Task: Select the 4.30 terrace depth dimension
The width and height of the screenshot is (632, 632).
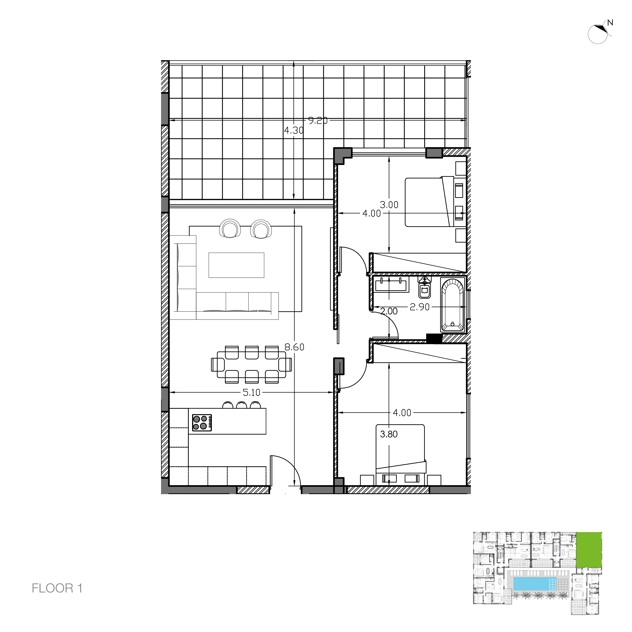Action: [294, 131]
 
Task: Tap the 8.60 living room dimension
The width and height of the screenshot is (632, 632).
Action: [294, 347]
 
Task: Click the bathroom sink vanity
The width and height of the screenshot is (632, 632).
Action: [391, 284]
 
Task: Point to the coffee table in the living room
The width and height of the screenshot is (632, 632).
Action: [236, 265]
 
